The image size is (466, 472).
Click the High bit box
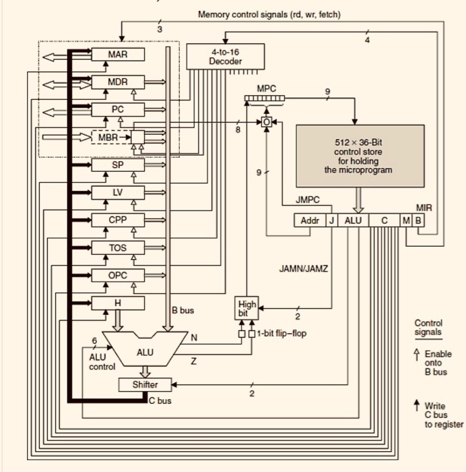(x=244, y=309)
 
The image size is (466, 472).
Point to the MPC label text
(x=265, y=88)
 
